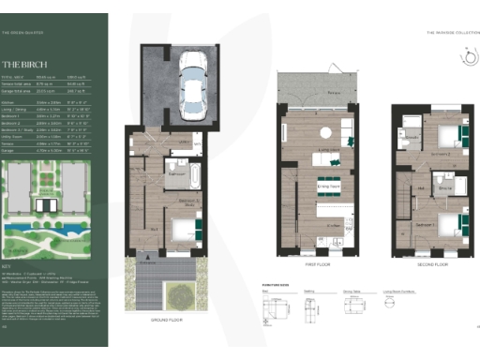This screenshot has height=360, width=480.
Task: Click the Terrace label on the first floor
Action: [x=307, y=95]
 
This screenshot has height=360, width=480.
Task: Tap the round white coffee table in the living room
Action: [x=323, y=132]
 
